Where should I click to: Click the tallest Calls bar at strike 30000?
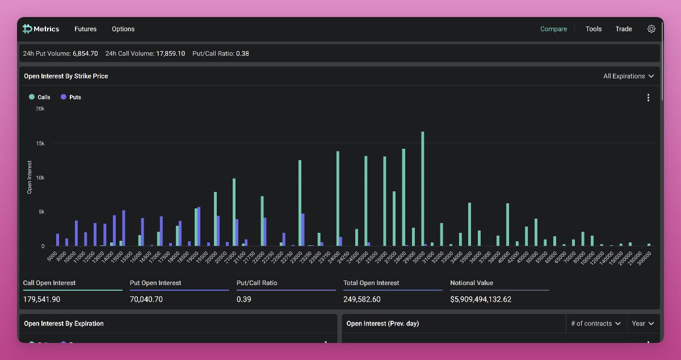(422, 189)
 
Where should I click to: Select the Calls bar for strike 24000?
(338, 199)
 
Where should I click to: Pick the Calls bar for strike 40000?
(507, 225)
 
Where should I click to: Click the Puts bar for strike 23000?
(303, 230)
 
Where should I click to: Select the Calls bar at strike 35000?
(469, 224)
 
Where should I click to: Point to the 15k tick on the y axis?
(40, 143)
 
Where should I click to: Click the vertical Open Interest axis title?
(30, 177)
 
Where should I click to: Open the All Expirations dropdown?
(628, 76)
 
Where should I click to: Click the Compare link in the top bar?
(553, 29)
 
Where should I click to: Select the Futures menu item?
(85, 29)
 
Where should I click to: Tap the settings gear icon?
(651, 29)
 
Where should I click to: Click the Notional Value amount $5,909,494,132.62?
(481, 299)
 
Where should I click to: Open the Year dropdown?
(643, 324)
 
